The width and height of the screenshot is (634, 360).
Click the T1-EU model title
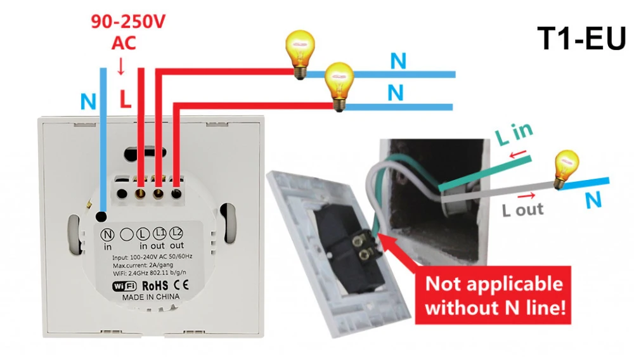pos(581,39)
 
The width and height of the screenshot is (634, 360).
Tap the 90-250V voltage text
pos(128,22)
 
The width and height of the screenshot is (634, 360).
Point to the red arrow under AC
pos(120,67)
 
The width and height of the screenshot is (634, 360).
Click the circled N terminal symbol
pos(108,235)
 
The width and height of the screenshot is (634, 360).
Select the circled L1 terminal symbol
pos(159,233)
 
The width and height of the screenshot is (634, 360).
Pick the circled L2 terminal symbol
pos(176,233)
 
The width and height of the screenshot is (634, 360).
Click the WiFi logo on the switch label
pos(124,286)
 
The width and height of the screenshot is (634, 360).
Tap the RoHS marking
pos(155,286)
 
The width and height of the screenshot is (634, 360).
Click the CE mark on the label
pos(181,285)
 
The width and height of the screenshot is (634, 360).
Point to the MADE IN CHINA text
pos(150,297)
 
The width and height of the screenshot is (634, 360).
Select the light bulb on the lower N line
pos(340,86)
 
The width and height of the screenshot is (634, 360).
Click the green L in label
pos(514,133)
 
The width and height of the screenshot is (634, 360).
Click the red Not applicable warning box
pos(493,295)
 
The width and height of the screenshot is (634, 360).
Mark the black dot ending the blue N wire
pos(101,217)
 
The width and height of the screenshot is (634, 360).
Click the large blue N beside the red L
pos(89,101)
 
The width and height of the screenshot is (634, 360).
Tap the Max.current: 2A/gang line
pos(143,266)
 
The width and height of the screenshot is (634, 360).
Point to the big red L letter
pos(126,99)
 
